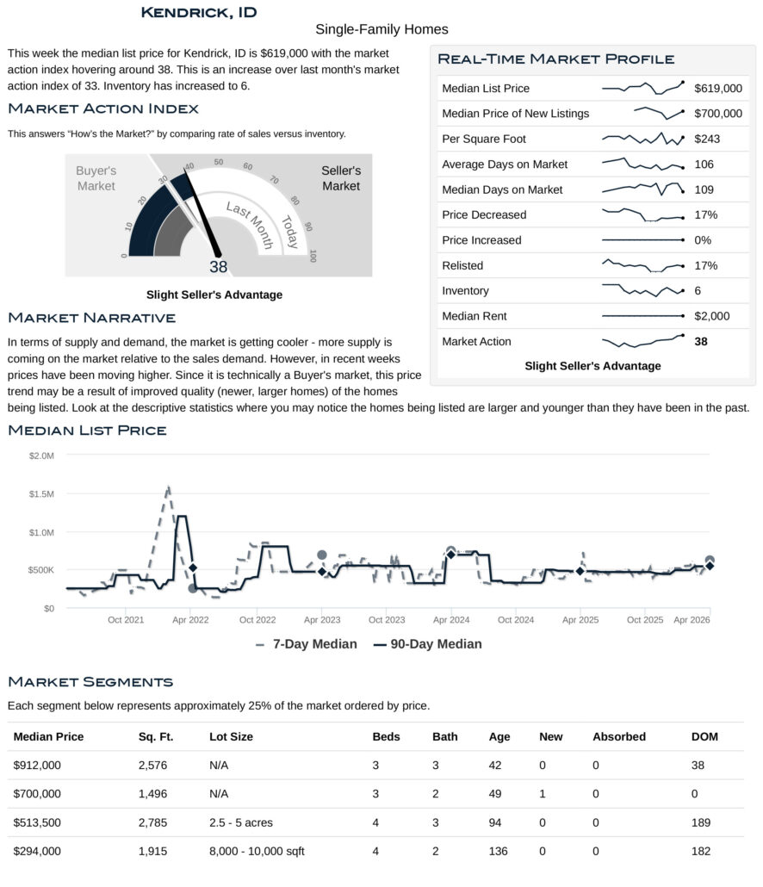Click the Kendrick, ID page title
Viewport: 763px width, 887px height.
[x=198, y=12]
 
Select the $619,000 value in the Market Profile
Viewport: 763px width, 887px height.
[x=717, y=88]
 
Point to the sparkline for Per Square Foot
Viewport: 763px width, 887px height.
[x=642, y=138]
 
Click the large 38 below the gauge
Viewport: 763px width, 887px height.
[x=219, y=267]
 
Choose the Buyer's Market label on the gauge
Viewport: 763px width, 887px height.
[x=96, y=178]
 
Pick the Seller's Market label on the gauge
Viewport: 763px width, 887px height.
[x=341, y=178]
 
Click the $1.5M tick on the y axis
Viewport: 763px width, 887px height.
[x=41, y=494]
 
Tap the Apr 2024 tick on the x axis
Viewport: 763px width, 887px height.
[x=450, y=620]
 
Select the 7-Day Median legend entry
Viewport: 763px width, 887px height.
[x=307, y=644]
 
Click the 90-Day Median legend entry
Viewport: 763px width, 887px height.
[x=427, y=644]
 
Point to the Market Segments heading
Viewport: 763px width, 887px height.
[x=90, y=682]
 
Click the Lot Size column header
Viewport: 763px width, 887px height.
[x=231, y=736]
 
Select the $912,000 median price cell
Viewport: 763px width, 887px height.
[x=38, y=764]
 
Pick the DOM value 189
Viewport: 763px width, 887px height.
[x=701, y=822]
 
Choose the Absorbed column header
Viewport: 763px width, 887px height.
[x=618, y=736]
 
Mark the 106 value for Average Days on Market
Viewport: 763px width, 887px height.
[x=704, y=164]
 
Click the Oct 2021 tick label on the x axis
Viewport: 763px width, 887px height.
[x=127, y=620]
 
